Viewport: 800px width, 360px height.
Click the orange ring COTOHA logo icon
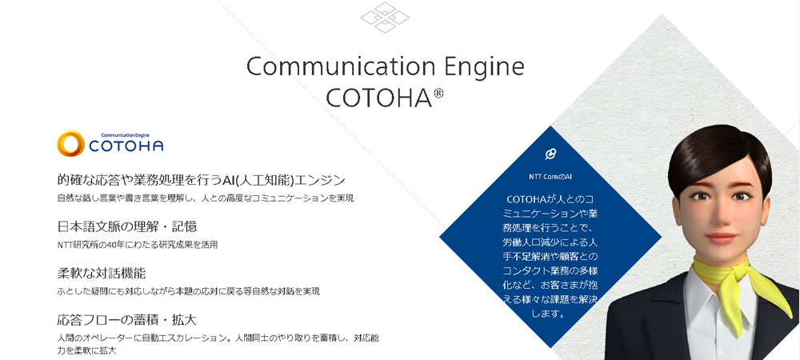70,143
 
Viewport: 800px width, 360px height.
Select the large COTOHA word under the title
377,98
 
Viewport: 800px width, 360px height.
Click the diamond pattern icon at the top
386,18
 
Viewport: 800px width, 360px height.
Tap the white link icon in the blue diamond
550,154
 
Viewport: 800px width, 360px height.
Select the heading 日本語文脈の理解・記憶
127,226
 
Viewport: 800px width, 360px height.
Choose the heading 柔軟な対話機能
102,274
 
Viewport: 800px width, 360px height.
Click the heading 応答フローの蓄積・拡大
127,320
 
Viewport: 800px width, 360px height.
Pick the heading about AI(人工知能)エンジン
202,180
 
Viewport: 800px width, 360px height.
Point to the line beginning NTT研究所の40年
138,245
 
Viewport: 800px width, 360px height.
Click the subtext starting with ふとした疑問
189,292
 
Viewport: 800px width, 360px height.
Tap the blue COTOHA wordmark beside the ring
126,146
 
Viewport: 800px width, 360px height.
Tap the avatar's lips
721,238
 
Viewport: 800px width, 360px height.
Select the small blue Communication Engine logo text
125,135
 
